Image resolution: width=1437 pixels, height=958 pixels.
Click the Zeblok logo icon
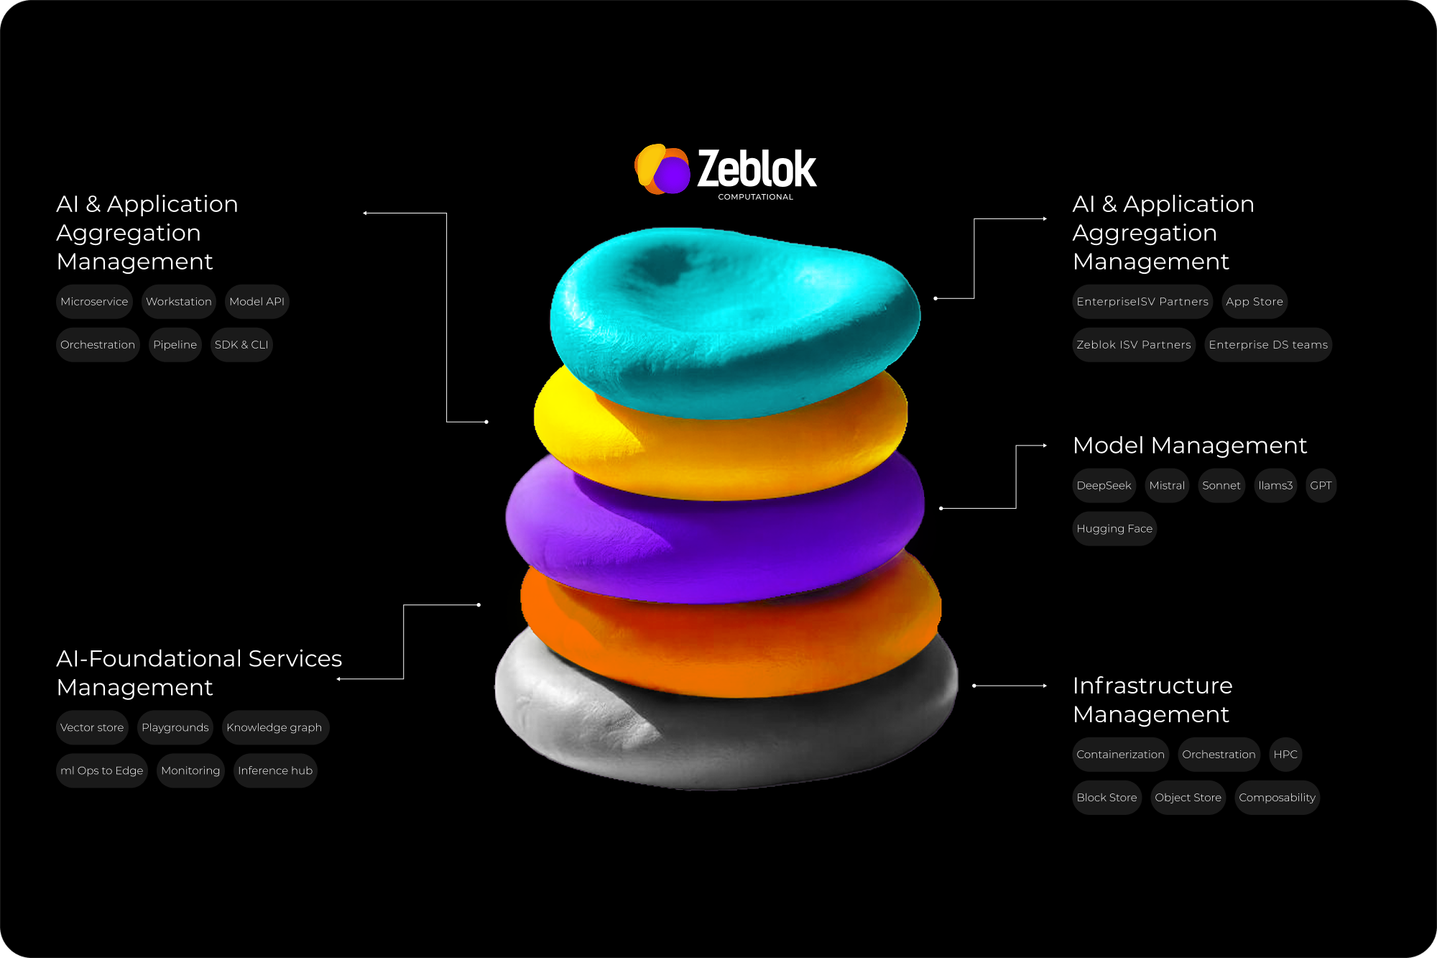[x=662, y=170]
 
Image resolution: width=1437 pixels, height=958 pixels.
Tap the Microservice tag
[x=94, y=302]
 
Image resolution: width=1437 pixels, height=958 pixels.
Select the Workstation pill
[x=179, y=302]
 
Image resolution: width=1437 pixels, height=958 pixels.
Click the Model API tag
[x=257, y=302]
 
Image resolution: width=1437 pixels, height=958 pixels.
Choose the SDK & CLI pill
[x=241, y=345]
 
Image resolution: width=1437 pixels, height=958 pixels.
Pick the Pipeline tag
[x=175, y=345]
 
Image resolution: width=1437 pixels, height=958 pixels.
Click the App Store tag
[x=1255, y=302]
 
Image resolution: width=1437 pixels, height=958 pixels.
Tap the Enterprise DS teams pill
[x=1268, y=345]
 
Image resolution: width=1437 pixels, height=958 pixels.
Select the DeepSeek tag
[x=1104, y=486]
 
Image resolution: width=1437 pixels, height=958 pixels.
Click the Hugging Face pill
[x=1114, y=529]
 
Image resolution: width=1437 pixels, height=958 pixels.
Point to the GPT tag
[x=1321, y=486]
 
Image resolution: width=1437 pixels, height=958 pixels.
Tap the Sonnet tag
[x=1221, y=486]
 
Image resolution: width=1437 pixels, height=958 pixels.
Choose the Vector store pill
[x=92, y=728]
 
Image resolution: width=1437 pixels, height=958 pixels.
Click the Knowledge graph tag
[x=274, y=728]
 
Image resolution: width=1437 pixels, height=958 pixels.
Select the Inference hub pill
[x=275, y=771]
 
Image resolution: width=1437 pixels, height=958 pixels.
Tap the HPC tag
[x=1285, y=755]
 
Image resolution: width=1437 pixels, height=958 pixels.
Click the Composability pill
[x=1277, y=798]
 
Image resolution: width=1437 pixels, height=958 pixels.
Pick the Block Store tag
[x=1106, y=798]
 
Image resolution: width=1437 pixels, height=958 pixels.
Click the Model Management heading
[x=1190, y=446]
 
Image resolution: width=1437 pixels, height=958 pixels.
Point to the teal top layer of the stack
[x=733, y=316]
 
